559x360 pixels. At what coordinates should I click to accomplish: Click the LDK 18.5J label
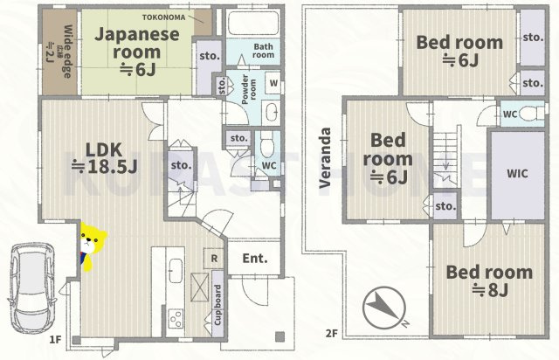tap(103, 156)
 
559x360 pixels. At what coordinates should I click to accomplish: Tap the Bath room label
tap(264, 51)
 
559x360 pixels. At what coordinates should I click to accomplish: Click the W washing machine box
tap(273, 84)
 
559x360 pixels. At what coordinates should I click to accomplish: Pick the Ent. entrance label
tap(255, 258)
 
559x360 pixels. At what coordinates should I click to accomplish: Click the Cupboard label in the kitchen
tap(216, 306)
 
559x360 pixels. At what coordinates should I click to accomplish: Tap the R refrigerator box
tap(214, 258)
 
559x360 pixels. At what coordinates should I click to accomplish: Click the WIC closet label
tap(516, 172)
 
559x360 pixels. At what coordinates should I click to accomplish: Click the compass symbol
tap(382, 308)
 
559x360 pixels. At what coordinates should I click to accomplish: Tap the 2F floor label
tap(331, 333)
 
